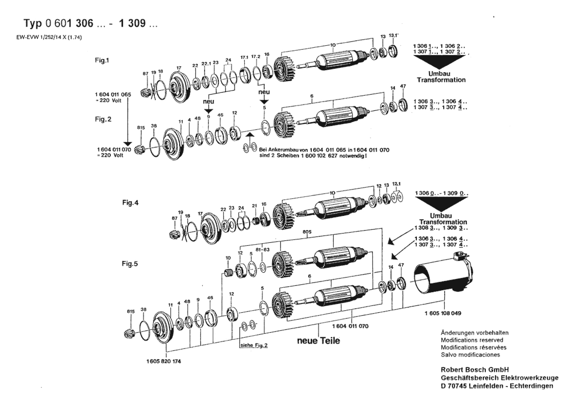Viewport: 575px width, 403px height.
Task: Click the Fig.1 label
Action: pyautogui.click(x=102, y=60)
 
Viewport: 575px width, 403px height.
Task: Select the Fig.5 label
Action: pyautogui.click(x=130, y=264)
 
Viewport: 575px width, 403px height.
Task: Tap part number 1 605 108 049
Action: pyautogui.click(x=443, y=313)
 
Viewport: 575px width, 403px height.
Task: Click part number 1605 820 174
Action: pyautogui.click(x=164, y=361)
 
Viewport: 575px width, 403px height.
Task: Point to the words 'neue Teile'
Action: pyautogui.click(x=318, y=341)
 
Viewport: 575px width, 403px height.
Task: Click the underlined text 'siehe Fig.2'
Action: pyautogui.click(x=253, y=345)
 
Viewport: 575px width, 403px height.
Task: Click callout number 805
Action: pyautogui.click(x=307, y=232)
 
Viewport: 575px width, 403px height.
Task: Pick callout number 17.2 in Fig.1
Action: pyautogui.click(x=255, y=57)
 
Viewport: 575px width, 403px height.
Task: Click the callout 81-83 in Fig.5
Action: pyautogui.click(x=262, y=250)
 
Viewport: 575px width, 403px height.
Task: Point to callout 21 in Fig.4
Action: pyautogui.click(x=254, y=206)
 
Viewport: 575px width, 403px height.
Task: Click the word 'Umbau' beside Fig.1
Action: pyautogui.click(x=439, y=74)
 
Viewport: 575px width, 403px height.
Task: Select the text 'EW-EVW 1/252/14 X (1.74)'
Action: pyautogui.click(x=49, y=38)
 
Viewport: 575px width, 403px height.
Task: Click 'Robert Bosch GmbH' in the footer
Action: pyautogui.click(x=475, y=370)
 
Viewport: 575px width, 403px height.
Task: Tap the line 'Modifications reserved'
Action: pyautogui.click(x=472, y=340)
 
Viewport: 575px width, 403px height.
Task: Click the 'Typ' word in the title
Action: pyautogui.click(x=33, y=24)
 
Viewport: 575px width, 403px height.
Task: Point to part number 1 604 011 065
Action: pyautogui.click(x=113, y=95)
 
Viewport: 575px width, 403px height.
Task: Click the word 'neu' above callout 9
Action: pyautogui.click(x=208, y=102)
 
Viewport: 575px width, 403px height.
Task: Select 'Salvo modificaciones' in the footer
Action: pyautogui.click(x=470, y=355)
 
